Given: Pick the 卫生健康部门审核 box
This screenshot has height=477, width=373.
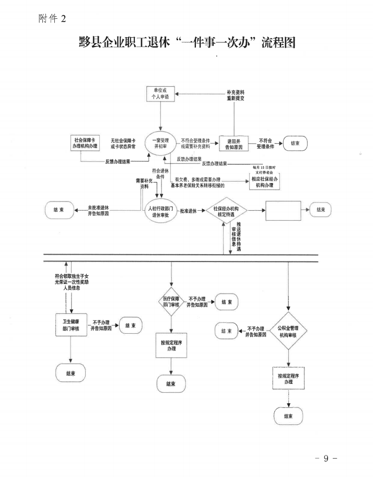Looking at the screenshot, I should pos(71,325).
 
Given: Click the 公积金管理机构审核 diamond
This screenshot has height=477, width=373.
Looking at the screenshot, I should pos(288,331).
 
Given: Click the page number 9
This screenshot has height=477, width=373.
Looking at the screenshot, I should pos(326,459).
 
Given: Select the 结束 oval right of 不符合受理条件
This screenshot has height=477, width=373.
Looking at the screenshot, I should pos(295,144).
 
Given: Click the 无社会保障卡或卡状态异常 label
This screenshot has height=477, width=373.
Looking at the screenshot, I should pos(123,144).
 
